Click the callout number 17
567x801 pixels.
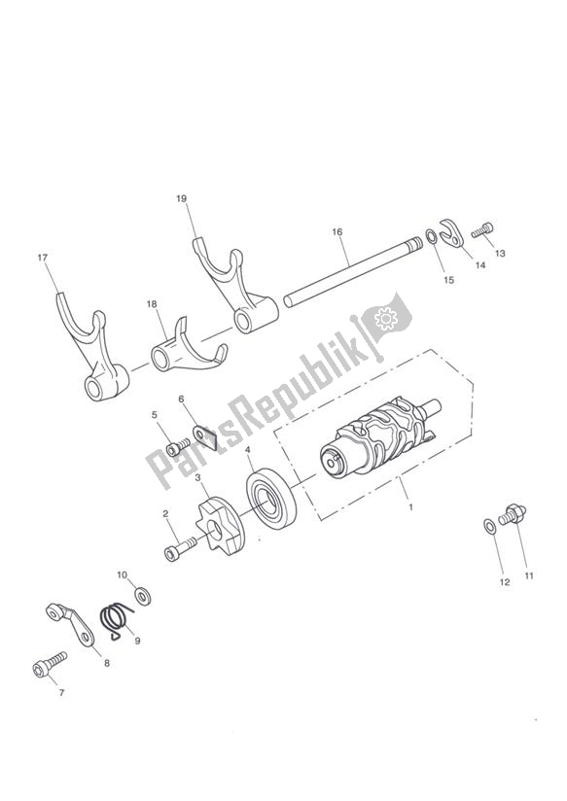(42, 258)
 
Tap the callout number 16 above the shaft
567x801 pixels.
(337, 232)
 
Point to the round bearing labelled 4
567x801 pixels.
(271, 499)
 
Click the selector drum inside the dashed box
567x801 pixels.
(380, 436)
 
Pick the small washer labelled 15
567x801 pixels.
(431, 237)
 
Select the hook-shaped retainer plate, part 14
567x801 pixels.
(451, 232)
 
